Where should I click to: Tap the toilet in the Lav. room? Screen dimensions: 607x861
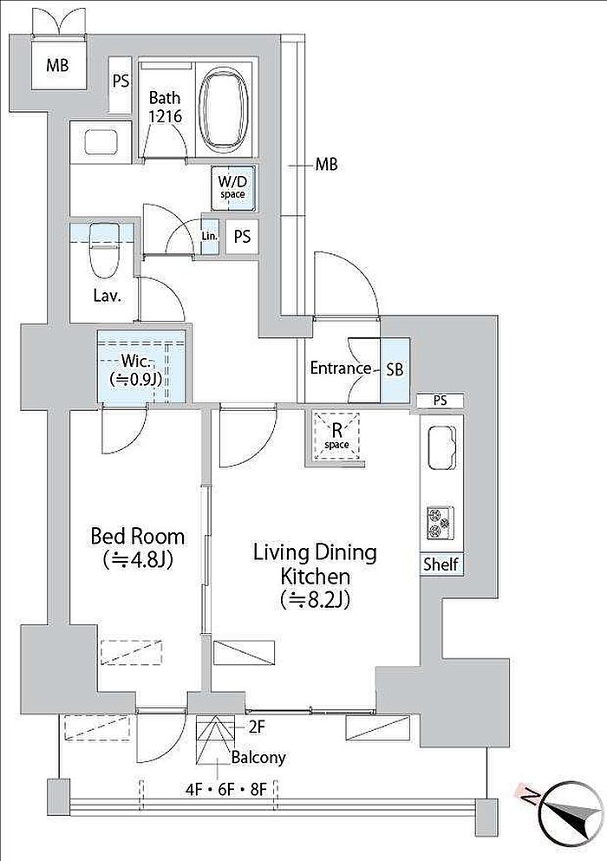pyautogui.click(x=104, y=251)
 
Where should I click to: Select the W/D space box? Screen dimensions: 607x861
pyautogui.click(x=233, y=188)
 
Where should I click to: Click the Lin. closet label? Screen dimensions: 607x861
pyautogui.click(x=209, y=237)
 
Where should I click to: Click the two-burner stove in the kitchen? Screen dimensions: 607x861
pyautogui.click(x=441, y=522)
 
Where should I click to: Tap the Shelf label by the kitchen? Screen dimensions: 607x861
pyautogui.click(x=441, y=564)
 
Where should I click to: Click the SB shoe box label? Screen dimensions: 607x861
pyautogui.click(x=395, y=369)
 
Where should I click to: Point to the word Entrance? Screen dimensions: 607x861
pyautogui.click(x=341, y=368)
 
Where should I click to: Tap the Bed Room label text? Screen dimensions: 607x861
pyautogui.click(x=137, y=536)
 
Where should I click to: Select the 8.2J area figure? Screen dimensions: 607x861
pyautogui.click(x=315, y=600)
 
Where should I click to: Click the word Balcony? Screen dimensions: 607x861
pyautogui.click(x=258, y=758)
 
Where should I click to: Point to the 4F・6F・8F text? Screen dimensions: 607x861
pyautogui.click(x=225, y=790)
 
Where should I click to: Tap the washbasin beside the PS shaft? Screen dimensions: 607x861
pyautogui.click(x=101, y=141)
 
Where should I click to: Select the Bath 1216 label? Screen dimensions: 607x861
pyautogui.click(x=165, y=107)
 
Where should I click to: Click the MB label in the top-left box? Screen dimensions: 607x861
pyautogui.click(x=57, y=65)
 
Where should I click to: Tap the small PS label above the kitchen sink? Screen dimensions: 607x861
pyautogui.click(x=440, y=401)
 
